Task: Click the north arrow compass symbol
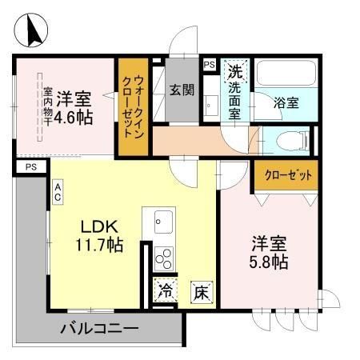pyautogui.click(x=31, y=30)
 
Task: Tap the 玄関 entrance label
pyautogui.click(x=182, y=90)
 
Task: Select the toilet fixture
pyautogui.click(x=292, y=141)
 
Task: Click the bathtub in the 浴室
pyautogui.click(x=286, y=73)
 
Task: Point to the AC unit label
pyautogui.click(x=58, y=192)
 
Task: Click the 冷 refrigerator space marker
pyautogui.click(x=166, y=290)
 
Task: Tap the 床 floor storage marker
pyautogui.click(x=202, y=293)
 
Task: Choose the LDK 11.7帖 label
pyautogui.click(x=99, y=236)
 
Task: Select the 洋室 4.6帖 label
pyautogui.click(x=74, y=108)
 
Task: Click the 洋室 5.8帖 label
pyautogui.click(x=269, y=252)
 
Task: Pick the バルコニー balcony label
pyautogui.click(x=99, y=328)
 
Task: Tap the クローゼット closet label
pyautogui.click(x=288, y=175)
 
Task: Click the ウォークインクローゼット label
pyautogui.click(x=134, y=106)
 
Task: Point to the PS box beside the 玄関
pyautogui.click(x=210, y=65)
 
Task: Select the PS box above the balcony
pyautogui.click(x=31, y=167)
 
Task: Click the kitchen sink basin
pyautogui.click(x=163, y=222)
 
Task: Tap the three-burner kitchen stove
pyautogui.click(x=164, y=258)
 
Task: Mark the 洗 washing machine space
pyautogui.click(x=235, y=71)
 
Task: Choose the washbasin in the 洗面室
pyautogui.click(x=212, y=106)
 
